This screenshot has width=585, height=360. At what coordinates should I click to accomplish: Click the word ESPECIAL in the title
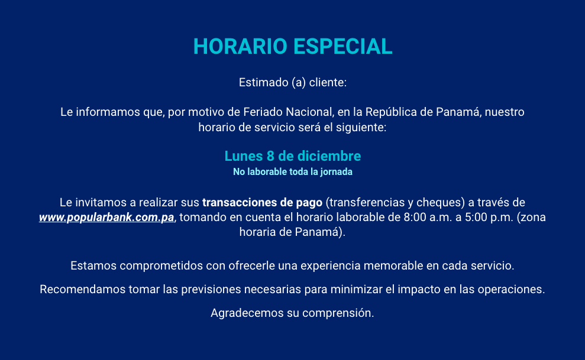click(343, 47)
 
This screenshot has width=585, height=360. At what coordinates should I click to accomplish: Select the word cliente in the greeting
click(327, 82)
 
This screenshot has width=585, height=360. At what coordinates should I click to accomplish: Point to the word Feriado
click(263, 112)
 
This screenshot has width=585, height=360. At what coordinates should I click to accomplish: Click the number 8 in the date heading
click(270, 156)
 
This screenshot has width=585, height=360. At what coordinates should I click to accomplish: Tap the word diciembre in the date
click(329, 156)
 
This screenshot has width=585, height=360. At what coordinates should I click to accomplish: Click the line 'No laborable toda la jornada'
click(293, 172)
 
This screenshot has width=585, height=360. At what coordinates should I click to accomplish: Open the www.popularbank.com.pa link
click(106, 218)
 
